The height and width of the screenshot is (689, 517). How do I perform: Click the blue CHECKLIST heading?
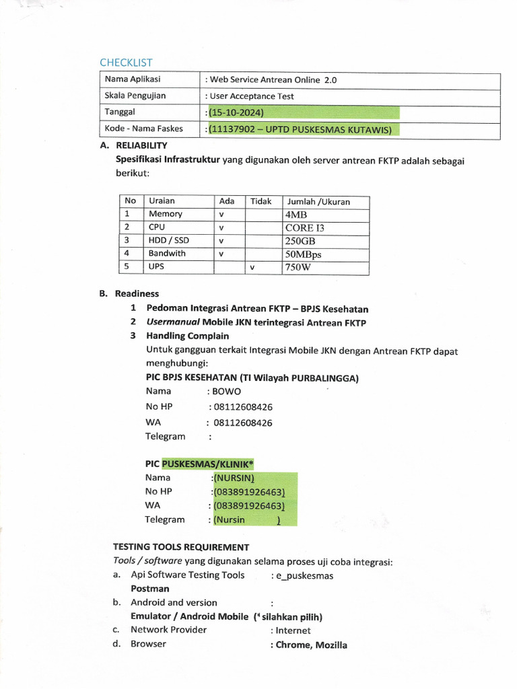click(126, 63)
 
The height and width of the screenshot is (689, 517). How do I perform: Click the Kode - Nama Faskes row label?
click(143, 129)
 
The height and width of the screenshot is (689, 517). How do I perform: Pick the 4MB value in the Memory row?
click(296, 215)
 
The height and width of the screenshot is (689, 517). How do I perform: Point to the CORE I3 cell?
click(304, 227)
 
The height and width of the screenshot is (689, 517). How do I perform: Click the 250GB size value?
click(300, 241)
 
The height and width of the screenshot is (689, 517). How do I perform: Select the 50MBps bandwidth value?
click(303, 254)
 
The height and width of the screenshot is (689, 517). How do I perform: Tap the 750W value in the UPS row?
click(299, 268)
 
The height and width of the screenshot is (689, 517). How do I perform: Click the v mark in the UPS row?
click(252, 268)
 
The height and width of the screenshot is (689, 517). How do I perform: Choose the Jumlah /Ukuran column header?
click(318, 202)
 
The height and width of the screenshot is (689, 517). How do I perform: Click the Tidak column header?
click(261, 201)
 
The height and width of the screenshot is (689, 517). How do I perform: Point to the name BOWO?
click(227, 392)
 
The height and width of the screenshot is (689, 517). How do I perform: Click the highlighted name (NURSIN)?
click(234, 478)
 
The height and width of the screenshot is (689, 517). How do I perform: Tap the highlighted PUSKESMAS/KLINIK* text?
click(207, 464)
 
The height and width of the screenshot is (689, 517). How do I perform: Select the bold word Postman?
click(150, 589)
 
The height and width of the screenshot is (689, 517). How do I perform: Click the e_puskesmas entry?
click(304, 576)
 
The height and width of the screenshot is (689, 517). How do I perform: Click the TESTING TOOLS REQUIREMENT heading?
click(180, 548)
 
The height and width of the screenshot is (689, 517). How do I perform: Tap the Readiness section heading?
click(137, 294)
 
